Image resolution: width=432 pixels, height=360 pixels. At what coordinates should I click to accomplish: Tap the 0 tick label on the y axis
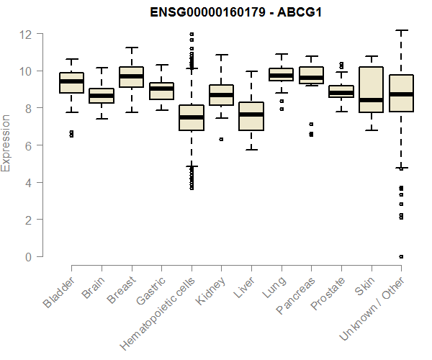(x=29, y=256)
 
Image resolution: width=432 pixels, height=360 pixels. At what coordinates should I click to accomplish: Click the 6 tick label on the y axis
(x=29, y=145)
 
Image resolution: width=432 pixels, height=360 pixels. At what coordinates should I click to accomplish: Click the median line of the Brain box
(x=102, y=96)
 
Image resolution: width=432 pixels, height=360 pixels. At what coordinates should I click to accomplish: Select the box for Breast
(x=131, y=77)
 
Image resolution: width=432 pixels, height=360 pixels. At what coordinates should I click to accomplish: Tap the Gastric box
(x=161, y=91)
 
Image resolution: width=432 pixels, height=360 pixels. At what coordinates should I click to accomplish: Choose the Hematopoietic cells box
(x=192, y=118)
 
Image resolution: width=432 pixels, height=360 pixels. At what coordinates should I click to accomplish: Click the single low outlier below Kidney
(x=221, y=139)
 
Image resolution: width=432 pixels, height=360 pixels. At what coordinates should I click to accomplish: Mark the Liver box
(x=251, y=117)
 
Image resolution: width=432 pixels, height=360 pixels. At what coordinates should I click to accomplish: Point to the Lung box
(x=281, y=75)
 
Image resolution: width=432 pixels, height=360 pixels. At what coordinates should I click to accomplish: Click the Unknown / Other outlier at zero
(x=401, y=256)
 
